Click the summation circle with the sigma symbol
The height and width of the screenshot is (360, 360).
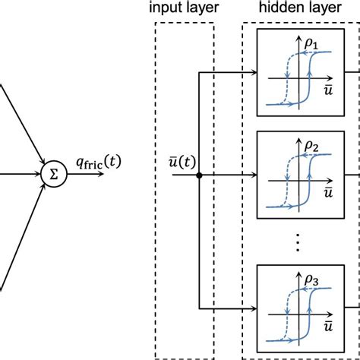point(52,174)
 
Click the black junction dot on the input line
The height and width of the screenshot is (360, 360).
point(198,175)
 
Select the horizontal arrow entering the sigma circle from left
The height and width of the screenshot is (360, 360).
point(23,174)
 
